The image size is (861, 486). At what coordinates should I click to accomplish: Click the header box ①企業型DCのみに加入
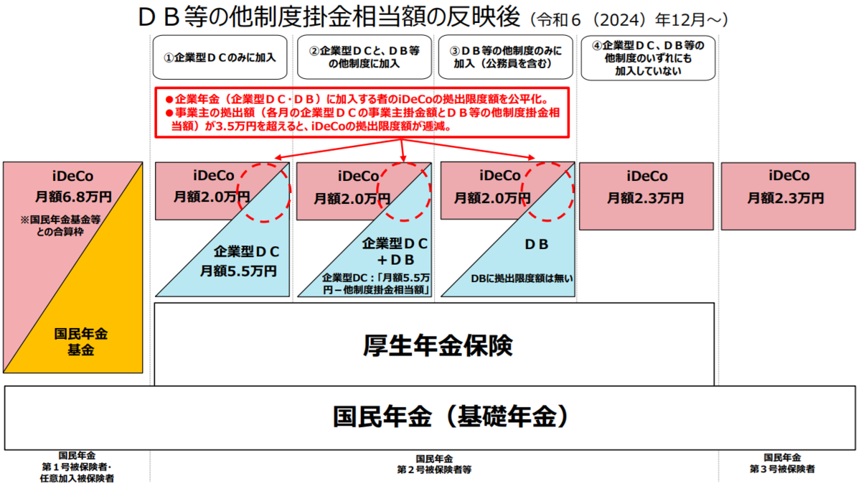pos(220,57)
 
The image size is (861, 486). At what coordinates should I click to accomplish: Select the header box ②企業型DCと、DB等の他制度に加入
pos(364,57)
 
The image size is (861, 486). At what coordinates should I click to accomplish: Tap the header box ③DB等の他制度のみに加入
pos(505,57)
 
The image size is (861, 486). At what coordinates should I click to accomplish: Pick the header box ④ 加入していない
pos(648,58)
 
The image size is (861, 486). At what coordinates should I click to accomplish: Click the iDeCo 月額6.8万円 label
pos(73,187)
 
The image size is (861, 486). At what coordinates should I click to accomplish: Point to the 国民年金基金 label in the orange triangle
pos(80,342)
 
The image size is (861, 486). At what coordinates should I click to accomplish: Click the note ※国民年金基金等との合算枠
pos(60,225)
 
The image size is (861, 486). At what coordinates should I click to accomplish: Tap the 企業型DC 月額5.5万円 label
pos(243,261)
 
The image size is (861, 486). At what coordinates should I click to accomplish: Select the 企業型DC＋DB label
pos(395,252)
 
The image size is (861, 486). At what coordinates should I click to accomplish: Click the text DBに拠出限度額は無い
pos(522,279)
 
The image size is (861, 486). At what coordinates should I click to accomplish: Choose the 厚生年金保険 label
pos(438,345)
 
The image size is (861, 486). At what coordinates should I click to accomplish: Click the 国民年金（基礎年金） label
pos(450,417)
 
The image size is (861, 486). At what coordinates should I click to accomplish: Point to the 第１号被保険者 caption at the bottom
pos(77,467)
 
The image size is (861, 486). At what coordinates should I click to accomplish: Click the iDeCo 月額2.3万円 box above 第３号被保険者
pos(789,196)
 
